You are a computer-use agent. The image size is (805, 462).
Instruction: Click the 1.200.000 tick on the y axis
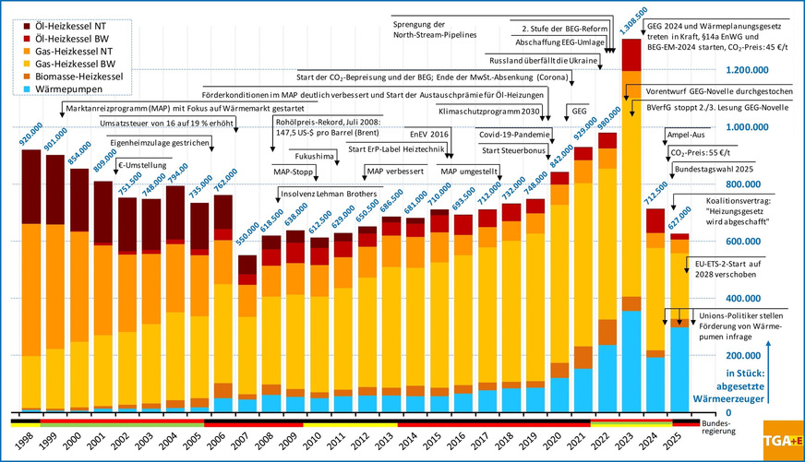pyautogui.click(x=727, y=71)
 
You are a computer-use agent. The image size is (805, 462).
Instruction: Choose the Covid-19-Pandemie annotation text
pyautogui.click(x=514, y=135)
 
